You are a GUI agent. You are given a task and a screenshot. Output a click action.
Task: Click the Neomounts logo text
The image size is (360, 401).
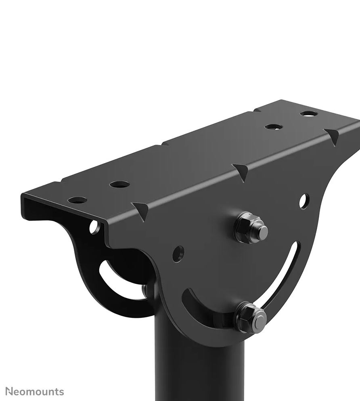pos(35,391)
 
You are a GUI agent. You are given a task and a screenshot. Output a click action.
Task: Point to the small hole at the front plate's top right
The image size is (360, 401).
pos(305,200)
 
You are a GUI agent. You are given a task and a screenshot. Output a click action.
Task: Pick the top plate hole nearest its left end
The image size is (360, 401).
pos(78,200)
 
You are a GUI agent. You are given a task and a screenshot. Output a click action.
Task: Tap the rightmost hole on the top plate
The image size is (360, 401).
pos(309,114)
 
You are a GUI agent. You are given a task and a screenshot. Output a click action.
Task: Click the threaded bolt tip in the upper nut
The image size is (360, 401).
pos(262,231)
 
